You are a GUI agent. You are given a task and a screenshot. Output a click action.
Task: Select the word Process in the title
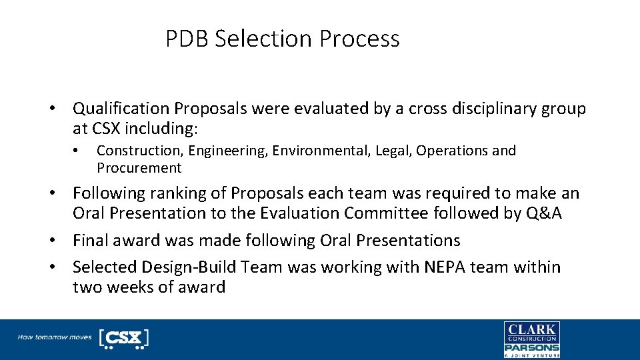point(359,39)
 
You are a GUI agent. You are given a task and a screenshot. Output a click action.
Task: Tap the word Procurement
point(139,168)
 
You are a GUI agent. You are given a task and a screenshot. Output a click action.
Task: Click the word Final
point(90,240)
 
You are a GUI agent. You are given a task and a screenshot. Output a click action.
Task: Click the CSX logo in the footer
point(123,337)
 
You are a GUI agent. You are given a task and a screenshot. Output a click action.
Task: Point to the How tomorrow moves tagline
point(55,337)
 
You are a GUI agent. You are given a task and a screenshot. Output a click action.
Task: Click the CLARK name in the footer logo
point(531,329)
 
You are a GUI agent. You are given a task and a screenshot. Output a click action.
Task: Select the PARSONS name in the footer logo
point(531,347)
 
